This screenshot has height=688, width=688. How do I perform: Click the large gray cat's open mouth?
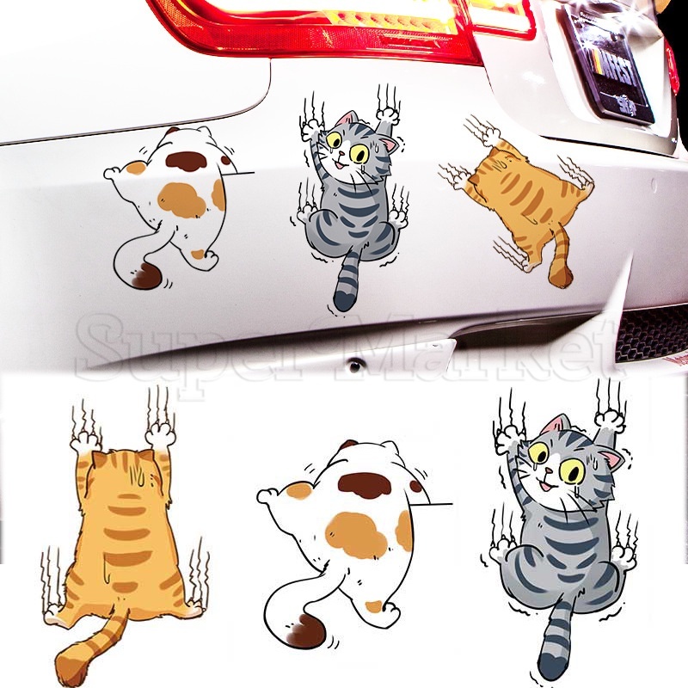pyautogui.click(x=547, y=488)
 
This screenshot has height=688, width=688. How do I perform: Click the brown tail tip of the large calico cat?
pyautogui.click(x=305, y=636)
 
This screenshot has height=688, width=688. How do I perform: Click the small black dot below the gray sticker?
pyautogui.click(x=352, y=365)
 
